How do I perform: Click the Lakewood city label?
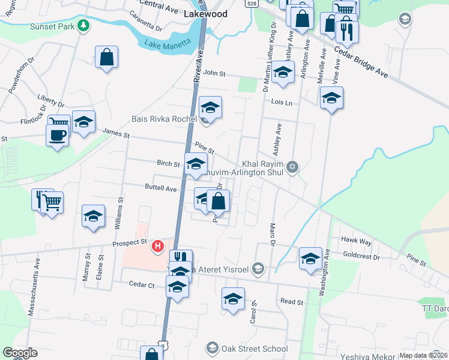pyautogui.click(x=206, y=13)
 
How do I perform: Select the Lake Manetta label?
pyautogui.click(x=168, y=42)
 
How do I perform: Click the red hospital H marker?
pyautogui.click(x=157, y=245)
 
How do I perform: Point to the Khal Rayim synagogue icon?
pyautogui.click(x=292, y=166)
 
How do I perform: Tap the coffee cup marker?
pyautogui.click(x=58, y=135)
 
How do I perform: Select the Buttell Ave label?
pyautogui.click(x=161, y=188)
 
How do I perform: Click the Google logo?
pyautogui.click(x=20, y=353)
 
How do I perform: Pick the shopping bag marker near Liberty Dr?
pyautogui.click(x=106, y=58)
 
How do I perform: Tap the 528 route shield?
pyautogui.click(x=253, y=3)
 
